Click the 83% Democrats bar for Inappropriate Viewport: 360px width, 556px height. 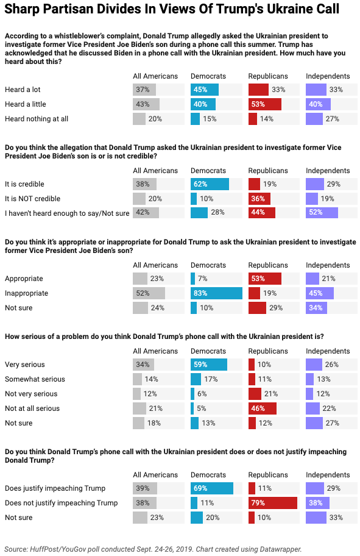(x=216, y=293)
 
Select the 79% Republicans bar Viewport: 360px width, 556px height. (x=273, y=503)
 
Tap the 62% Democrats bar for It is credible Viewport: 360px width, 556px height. (x=210, y=184)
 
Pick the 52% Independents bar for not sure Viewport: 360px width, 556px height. (x=322, y=212)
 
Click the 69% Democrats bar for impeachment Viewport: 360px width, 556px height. (x=212, y=488)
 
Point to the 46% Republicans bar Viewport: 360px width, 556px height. (x=263, y=408)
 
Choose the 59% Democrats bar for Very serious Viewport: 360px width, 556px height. (x=209, y=365)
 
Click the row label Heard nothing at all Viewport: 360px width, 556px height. (x=37, y=119)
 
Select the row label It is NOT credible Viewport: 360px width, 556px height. (x=33, y=199)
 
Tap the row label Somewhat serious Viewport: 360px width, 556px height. (x=35, y=379)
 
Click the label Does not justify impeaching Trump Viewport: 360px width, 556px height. (x=62, y=503)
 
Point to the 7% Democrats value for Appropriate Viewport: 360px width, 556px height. (x=203, y=279)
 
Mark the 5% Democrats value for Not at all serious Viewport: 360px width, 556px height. (x=201, y=408)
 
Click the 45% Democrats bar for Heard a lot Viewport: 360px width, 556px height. (x=205, y=90)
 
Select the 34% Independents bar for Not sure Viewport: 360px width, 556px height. (x=316, y=308)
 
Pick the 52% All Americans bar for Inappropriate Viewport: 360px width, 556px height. (x=149, y=293)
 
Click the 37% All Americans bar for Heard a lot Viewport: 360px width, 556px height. (x=144, y=90)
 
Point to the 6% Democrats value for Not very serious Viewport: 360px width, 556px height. (x=202, y=394)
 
